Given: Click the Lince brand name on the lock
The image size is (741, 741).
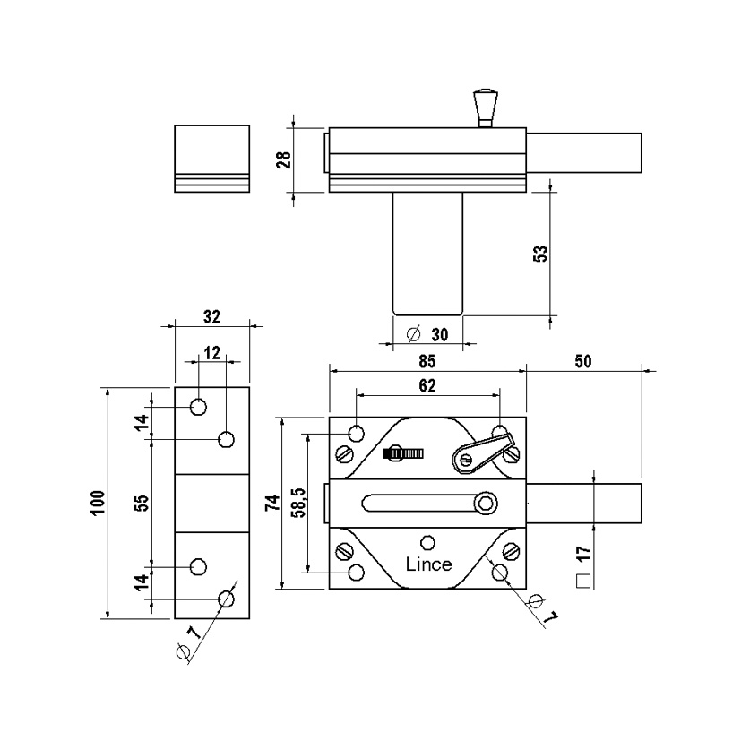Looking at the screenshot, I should pyautogui.click(x=428, y=564).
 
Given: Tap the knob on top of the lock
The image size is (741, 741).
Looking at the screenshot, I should pyautogui.click(x=486, y=107).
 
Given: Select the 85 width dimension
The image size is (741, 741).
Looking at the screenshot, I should pyautogui.click(x=427, y=361).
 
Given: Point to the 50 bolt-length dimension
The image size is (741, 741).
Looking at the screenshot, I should pyautogui.click(x=584, y=361).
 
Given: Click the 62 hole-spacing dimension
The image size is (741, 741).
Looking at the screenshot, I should pyautogui.click(x=427, y=386).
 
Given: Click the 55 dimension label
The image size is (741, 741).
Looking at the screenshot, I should pyautogui.click(x=141, y=503).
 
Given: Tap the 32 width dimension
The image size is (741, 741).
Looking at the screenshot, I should pyautogui.click(x=211, y=316).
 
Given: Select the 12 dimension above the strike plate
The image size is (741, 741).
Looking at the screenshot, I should pyautogui.click(x=211, y=353).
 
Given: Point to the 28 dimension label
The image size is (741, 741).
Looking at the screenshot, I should pyautogui.click(x=283, y=160).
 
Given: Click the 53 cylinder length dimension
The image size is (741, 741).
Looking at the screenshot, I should pyautogui.click(x=539, y=253).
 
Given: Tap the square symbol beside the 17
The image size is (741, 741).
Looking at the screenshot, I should pyautogui.click(x=583, y=580).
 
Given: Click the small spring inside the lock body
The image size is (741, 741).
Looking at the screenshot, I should pyautogui.click(x=401, y=454).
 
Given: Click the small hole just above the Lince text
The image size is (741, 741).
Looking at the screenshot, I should pyautogui.click(x=428, y=542).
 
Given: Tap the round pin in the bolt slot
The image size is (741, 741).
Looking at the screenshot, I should pyautogui.click(x=485, y=504).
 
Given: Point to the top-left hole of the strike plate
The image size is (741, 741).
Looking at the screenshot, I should pyautogui.click(x=198, y=407).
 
